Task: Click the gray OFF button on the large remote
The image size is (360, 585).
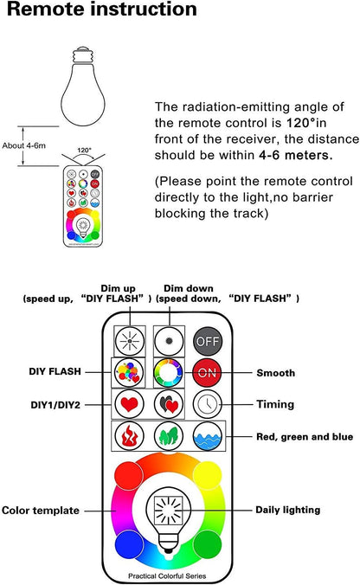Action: coord(208,341)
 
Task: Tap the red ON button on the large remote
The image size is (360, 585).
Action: coord(208,372)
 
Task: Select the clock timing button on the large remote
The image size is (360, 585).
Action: coord(208,403)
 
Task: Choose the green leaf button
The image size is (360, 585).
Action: coord(169,436)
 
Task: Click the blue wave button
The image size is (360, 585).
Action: coord(208,436)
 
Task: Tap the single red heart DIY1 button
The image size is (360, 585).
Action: coord(130,403)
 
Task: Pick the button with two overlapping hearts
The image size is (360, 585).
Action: coord(169,403)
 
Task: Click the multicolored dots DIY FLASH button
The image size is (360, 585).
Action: coord(130,372)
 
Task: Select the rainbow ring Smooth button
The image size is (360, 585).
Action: coord(169,372)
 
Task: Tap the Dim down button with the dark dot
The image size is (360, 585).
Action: coord(169,341)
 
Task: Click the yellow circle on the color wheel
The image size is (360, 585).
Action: coord(208,475)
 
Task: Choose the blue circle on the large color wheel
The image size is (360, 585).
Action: coord(129,544)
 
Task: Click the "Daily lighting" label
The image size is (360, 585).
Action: coord(287,510)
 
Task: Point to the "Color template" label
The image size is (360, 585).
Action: coord(41,511)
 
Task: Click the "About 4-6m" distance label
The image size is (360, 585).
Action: coord(24,145)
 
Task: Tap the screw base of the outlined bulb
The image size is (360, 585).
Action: coord(82,55)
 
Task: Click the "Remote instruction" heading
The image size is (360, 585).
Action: coord(102,9)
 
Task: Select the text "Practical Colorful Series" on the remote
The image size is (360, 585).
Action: coord(167,576)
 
